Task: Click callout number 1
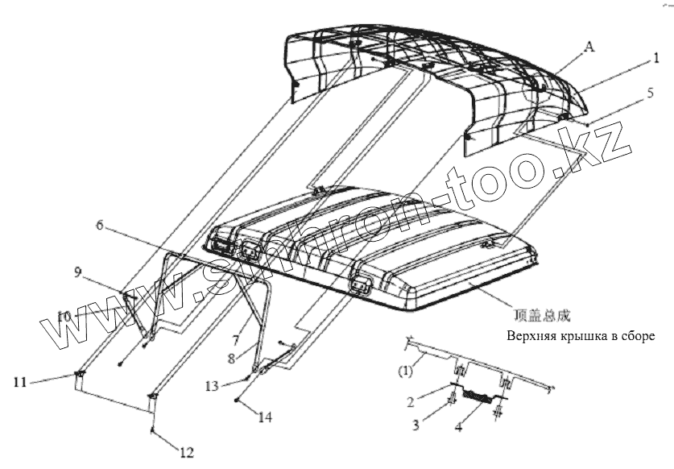(657, 57)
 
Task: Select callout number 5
(649, 93)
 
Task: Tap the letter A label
(589, 48)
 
